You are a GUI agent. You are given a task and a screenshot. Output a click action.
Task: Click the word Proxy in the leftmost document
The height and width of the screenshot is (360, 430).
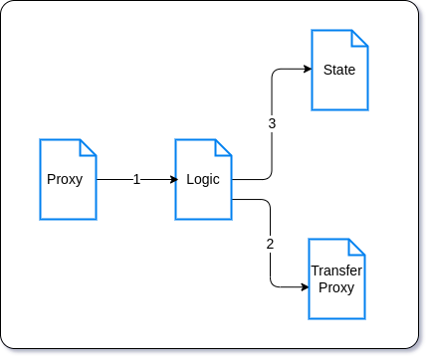65,179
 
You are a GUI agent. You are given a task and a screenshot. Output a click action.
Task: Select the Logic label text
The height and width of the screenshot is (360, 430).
203,179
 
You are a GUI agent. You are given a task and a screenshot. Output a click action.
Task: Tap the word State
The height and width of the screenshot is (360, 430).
339,70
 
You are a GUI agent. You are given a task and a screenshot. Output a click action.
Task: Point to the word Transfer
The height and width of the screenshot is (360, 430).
336,270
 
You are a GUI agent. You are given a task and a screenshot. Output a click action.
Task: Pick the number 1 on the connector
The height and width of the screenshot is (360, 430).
136,179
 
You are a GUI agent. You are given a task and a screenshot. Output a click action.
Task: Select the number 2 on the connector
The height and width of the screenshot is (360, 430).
270,244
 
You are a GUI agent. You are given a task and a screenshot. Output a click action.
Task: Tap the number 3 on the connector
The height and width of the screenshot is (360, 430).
271,124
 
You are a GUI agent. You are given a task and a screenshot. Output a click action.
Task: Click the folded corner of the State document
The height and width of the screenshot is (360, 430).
359,38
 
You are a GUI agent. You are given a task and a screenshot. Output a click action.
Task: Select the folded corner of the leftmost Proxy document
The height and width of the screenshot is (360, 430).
88,148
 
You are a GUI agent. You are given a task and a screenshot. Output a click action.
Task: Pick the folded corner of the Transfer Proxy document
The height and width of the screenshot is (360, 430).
356,247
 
